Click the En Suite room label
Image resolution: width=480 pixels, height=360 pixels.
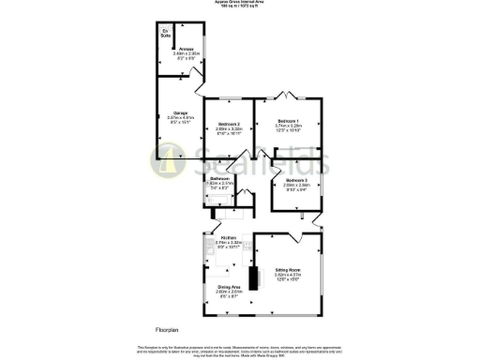[166, 35]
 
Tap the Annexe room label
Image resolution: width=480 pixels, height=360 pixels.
[176, 50]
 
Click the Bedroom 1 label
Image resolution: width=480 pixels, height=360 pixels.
[287, 121]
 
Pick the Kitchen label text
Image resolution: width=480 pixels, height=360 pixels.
[229, 238]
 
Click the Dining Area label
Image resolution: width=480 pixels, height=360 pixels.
[230, 287]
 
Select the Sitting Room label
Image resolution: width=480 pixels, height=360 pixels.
[287, 270]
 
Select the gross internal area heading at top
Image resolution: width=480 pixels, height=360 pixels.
[240, 4]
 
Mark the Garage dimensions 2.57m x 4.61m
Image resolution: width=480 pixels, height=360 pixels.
[179, 119]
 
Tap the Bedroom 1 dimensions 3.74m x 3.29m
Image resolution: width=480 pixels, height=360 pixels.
[287, 127]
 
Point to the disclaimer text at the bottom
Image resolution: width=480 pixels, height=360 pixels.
[240, 351]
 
